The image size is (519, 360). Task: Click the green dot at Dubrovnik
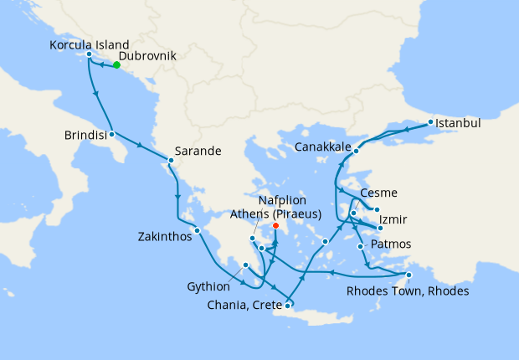(x=116, y=64)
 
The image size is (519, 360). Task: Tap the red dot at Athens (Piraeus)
(x=275, y=225)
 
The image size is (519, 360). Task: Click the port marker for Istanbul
(x=430, y=122)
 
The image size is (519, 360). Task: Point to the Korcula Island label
(x=89, y=44)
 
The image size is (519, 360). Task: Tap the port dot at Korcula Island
(x=89, y=55)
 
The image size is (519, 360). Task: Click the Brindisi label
(x=84, y=134)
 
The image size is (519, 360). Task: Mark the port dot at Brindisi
(x=111, y=133)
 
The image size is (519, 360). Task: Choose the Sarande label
(x=199, y=152)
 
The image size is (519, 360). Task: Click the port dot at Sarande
(x=171, y=160)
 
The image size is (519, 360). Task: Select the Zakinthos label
(x=164, y=237)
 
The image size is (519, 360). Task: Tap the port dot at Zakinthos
(x=197, y=231)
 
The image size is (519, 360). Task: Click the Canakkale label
(x=322, y=147)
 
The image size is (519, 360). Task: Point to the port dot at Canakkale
(x=357, y=152)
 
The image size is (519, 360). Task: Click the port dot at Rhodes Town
(x=409, y=275)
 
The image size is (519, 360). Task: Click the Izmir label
(x=394, y=219)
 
